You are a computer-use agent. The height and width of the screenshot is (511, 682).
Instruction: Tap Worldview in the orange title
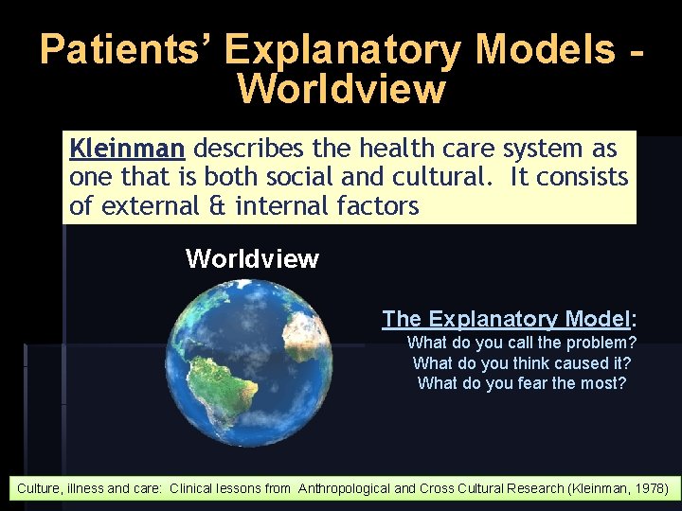(341, 89)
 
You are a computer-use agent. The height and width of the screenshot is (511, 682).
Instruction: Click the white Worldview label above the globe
(252, 258)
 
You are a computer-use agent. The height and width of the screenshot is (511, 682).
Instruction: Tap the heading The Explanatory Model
(508, 319)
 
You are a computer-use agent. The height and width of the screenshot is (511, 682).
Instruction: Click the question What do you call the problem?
(521, 343)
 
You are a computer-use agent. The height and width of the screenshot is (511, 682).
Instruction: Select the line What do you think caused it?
(521, 362)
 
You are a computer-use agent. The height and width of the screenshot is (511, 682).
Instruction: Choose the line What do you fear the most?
(521, 382)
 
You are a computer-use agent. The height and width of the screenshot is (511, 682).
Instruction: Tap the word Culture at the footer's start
(36, 489)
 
